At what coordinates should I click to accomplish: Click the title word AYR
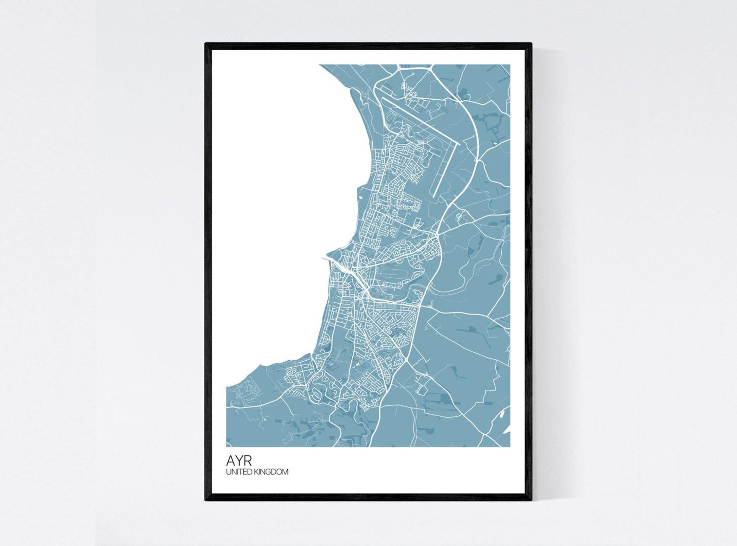[x=239, y=461]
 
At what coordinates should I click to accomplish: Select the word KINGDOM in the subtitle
[x=273, y=472]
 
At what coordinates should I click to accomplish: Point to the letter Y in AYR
[x=239, y=461]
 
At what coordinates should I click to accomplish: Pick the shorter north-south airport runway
[x=445, y=170]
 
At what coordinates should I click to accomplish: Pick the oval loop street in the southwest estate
[x=317, y=395]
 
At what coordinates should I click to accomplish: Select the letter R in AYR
[x=247, y=461]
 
